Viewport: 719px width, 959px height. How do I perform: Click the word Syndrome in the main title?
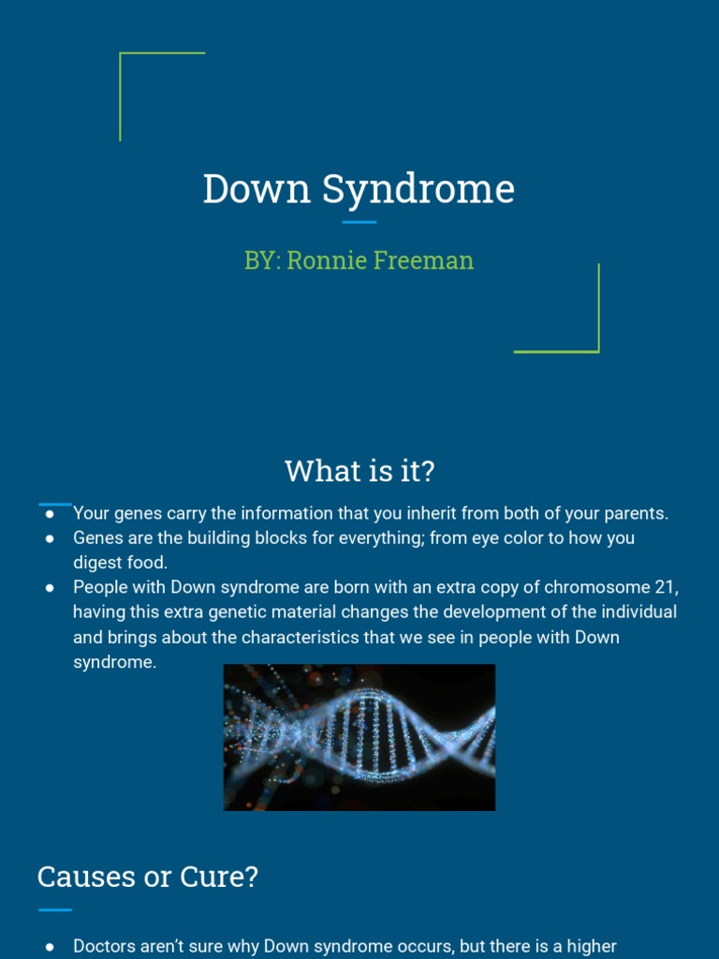click(x=418, y=189)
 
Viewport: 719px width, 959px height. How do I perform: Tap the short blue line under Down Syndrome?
click(x=359, y=222)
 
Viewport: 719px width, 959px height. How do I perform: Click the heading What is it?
click(x=359, y=471)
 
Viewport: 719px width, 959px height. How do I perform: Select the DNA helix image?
click(x=359, y=737)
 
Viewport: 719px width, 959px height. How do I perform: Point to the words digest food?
click(x=120, y=563)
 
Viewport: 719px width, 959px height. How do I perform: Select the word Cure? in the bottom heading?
click(x=225, y=878)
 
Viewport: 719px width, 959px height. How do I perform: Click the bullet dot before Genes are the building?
click(x=50, y=539)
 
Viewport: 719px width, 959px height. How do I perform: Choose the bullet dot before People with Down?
click(x=50, y=587)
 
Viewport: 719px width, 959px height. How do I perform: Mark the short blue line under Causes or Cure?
click(x=55, y=909)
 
